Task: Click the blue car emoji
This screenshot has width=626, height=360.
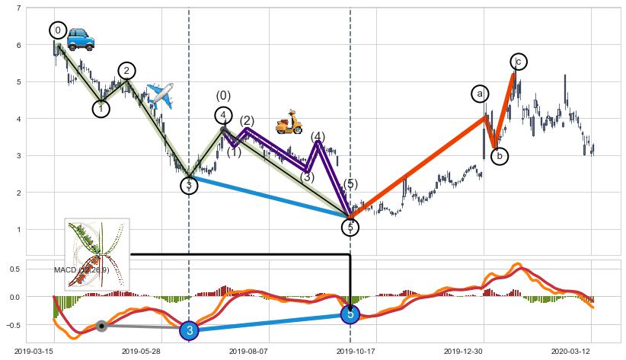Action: (80, 39)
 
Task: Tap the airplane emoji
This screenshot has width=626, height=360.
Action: (160, 95)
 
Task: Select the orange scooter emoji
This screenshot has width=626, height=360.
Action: (289, 122)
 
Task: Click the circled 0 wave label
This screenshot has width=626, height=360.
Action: (58, 30)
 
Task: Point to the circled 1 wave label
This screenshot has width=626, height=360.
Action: (101, 109)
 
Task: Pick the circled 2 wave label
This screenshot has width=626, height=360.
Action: (126, 71)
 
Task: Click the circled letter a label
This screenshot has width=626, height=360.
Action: (480, 94)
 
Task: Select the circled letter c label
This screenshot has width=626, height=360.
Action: (519, 62)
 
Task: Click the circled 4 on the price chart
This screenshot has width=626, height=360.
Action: (223, 116)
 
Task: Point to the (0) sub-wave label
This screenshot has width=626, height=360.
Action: (223, 96)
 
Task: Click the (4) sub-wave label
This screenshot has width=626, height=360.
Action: (318, 137)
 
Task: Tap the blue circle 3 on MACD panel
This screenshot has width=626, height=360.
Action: (190, 330)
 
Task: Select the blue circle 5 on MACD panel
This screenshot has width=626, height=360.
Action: (350, 314)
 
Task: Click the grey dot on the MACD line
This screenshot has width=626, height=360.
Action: (102, 326)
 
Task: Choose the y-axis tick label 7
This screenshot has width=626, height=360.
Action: (18, 8)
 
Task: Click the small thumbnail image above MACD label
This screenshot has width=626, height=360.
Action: (97, 253)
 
